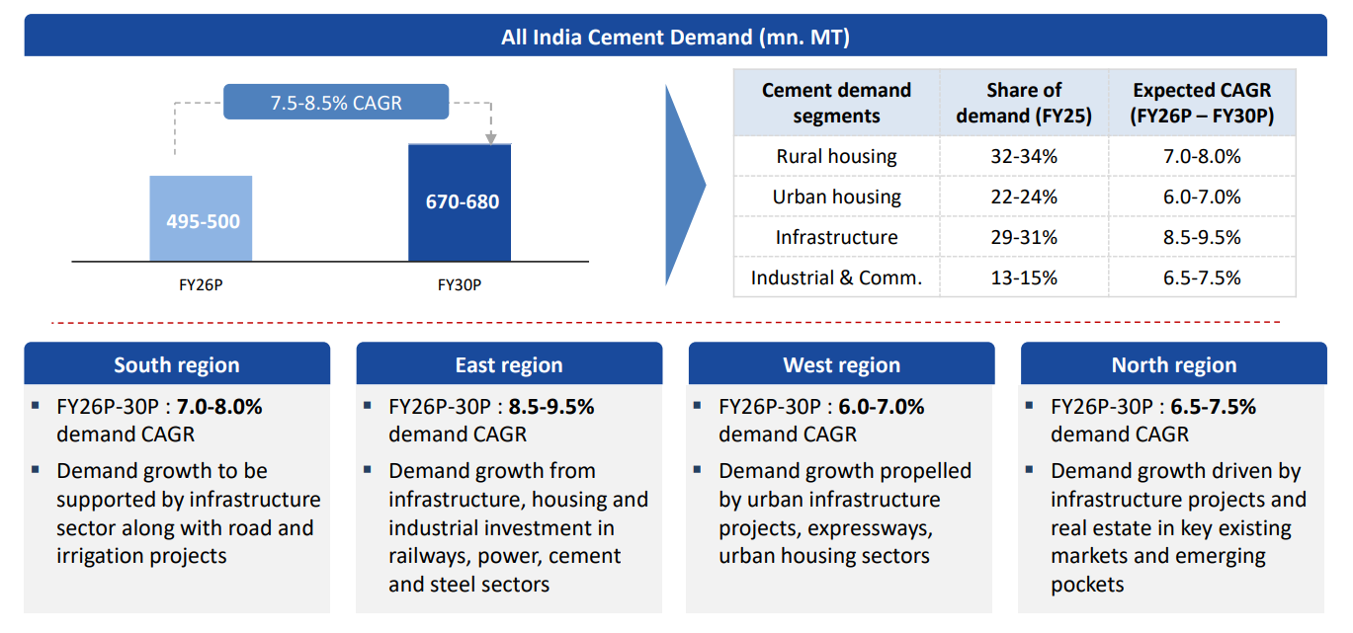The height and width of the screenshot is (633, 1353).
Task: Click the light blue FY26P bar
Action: click(x=201, y=219)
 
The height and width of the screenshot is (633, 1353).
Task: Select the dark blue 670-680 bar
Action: click(x=460, y=202)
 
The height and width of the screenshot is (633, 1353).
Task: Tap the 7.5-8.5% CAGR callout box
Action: click(x=336, y=103)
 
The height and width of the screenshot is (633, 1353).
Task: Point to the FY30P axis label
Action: click(x=460, y=285)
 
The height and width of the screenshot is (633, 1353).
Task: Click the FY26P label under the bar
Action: click(x=201, y=285)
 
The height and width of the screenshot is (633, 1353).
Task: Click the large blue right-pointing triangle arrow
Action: click(x=684, y=184)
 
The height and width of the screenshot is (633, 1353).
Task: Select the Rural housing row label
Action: click(x=836, y=156)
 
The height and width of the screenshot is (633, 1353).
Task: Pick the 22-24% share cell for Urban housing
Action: click(x=1024, y=197)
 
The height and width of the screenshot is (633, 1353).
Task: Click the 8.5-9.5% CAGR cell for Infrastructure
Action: click(x=1202, y=237)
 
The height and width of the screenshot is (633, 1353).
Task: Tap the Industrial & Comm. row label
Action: click(x=836, y=277)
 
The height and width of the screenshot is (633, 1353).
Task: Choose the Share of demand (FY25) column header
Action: click(x=1024, y=103)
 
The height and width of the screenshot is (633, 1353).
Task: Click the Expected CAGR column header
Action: click(x=1202, y=103)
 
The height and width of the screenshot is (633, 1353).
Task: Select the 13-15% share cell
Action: click(x=1024, y=277)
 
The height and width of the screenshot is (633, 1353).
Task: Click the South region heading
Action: click(x=177, y=364)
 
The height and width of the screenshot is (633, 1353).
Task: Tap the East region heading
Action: click(x=509, y=364)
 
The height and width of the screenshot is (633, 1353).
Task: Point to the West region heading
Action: click(x=841, y=364)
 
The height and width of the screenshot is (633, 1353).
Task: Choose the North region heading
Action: click(x=1173, y=364)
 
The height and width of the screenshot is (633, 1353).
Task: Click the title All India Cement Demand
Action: click(x=675, y=38)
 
